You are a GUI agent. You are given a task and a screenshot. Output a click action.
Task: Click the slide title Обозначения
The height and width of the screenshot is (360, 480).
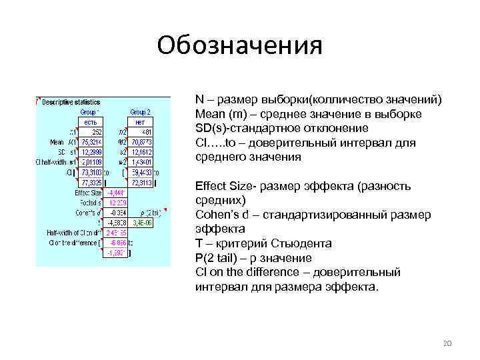tap(239, 45)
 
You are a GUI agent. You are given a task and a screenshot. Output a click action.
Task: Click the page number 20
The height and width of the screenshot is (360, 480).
tap(447, 343)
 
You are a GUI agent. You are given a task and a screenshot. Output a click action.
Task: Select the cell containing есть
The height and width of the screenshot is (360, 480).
tap(90, 122)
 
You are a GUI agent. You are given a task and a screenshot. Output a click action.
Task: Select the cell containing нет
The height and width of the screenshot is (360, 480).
tap(139, 122)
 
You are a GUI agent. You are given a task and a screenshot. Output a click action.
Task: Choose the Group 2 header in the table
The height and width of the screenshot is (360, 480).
tap(139, 112)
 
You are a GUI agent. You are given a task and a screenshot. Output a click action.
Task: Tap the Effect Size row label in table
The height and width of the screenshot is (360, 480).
tap(89, 193)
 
